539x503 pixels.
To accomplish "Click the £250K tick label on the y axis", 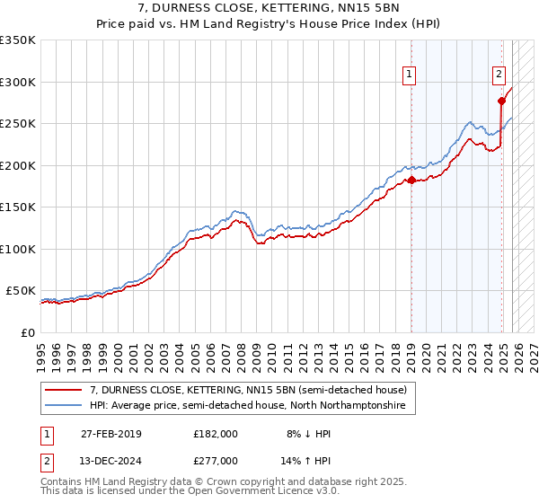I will point(18,124).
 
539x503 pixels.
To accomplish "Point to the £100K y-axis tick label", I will point(18,249).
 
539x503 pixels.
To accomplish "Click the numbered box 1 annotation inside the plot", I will point(410,75).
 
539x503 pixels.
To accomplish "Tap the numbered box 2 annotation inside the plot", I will point(499,75).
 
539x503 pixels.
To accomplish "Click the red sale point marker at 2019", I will point(411,181).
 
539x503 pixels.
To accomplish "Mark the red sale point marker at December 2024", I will point(501,101).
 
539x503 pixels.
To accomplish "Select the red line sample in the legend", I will point(65,391).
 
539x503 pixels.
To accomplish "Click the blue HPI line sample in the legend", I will point(65,406).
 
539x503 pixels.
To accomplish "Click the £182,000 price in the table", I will point(216,434).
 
